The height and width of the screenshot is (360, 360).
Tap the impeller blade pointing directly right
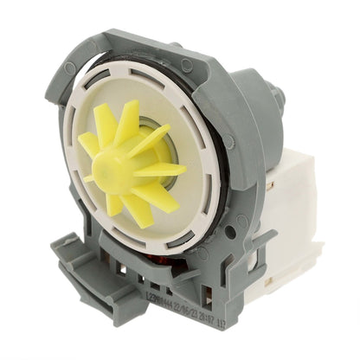point(164,169)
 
